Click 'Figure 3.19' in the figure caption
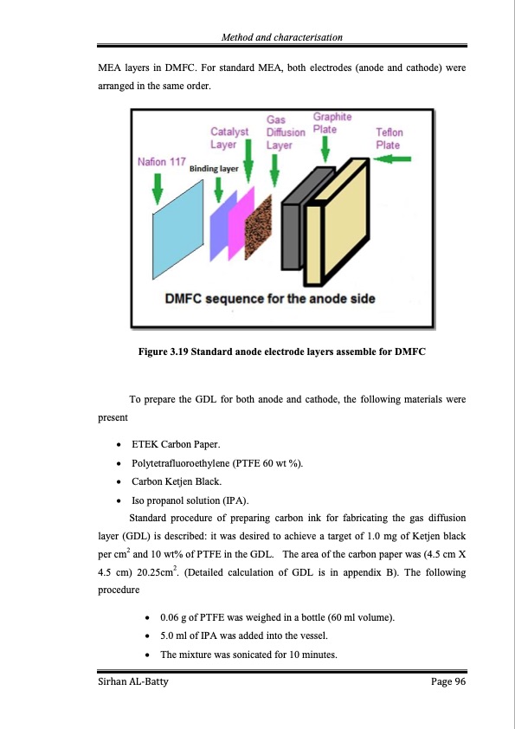point(163,352)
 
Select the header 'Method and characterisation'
point(282,36)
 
